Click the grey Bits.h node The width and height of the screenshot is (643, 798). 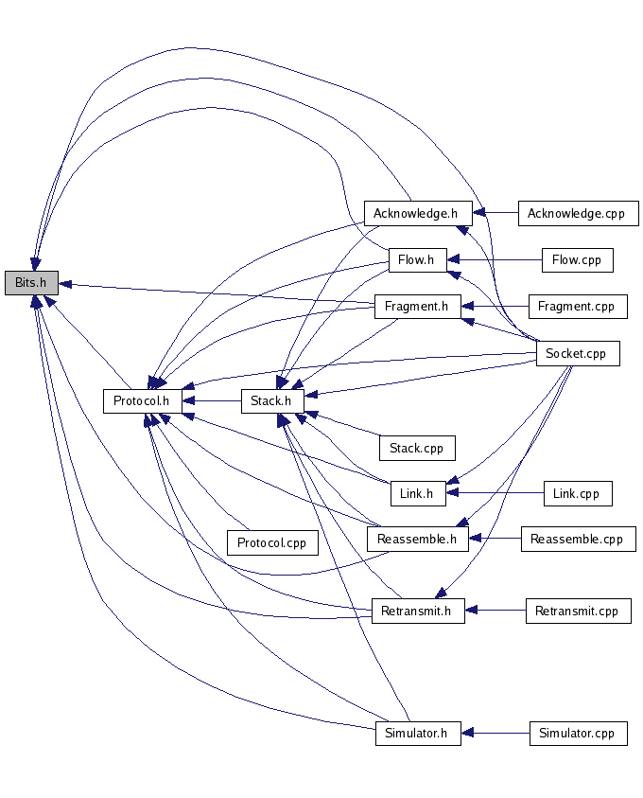pyautogui.click(x=31, y=283)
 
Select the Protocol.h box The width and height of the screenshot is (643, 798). pyautogui.click(x=141, y=401)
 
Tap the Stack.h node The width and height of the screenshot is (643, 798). pyautogui.click(x=271, y=401)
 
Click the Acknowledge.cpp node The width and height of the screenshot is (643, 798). pyautogui.click(x=578, y=213)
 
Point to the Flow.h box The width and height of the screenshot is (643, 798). pyautogui.click(x=417, y=259)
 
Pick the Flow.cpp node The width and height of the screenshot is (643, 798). pyautogui.click(x=577, y=259)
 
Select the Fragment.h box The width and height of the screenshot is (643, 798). pyautogui.click(x=416, y=307)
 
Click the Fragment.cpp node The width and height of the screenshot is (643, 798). pyautogui.click(x=576, y=307)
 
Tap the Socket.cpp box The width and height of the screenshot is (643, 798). pyautogui.click(x=577, y=354)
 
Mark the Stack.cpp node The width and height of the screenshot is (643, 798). pyautogui.click(x=417, y=448)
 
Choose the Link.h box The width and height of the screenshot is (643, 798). pyautogui.click(x=417, y=493)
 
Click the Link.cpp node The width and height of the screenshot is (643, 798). pyautogui.click(x=577, y=493)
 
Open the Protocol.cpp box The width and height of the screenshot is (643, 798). pyautogui.click(x=272, y=542)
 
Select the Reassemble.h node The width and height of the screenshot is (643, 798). pyautogui.click(x=417, y=540)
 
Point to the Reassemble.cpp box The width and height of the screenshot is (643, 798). pyautogui.click(x=577, y=540)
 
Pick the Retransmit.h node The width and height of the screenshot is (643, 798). pyautogui.click(x=417, y=611)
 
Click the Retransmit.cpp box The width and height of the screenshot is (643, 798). pyautogui.click(x=577, y=611)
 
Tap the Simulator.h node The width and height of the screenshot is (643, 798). pyautogui.click(x=417, y=733)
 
